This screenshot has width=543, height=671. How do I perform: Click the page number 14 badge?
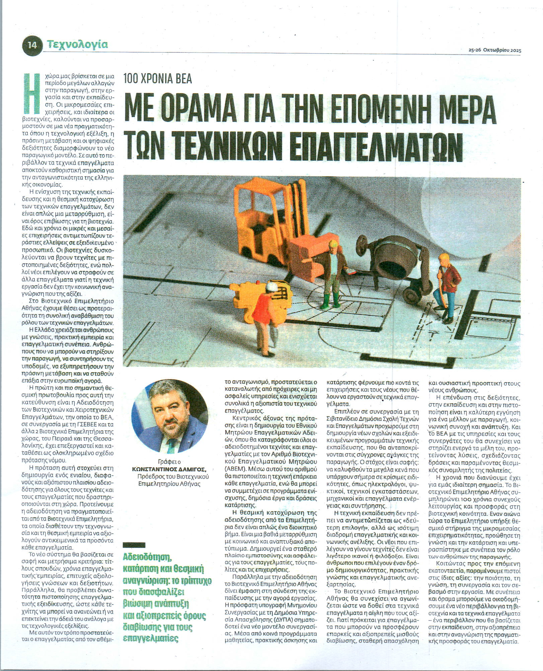pyautogui.click(x=32, y=45)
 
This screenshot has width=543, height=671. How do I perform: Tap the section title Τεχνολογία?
pyautogui.click(x=77, y=44)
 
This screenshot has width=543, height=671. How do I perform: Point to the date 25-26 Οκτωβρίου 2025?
pyautogui.click(x=494, y=51)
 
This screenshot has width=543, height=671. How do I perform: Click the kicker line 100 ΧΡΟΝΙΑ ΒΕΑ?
pyautogui.click(x=158, y=79)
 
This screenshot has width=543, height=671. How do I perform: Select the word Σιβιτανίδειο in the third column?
pyautogui.click(x=343, y=419)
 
